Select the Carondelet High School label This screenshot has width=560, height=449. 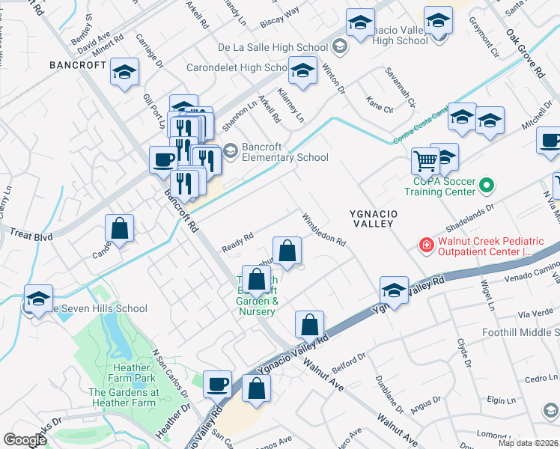tap(237, 67)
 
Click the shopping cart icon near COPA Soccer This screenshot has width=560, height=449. tap(425, 160)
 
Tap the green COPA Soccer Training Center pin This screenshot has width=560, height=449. tap(487, 183)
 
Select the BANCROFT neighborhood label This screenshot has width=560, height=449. tap(78, 65)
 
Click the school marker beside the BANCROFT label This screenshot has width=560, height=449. tap(125, 73)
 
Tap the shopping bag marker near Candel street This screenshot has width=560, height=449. tap(120, 230)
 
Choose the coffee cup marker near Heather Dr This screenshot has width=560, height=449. tap(217, 384)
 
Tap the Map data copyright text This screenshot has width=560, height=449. tap(528, 443)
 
